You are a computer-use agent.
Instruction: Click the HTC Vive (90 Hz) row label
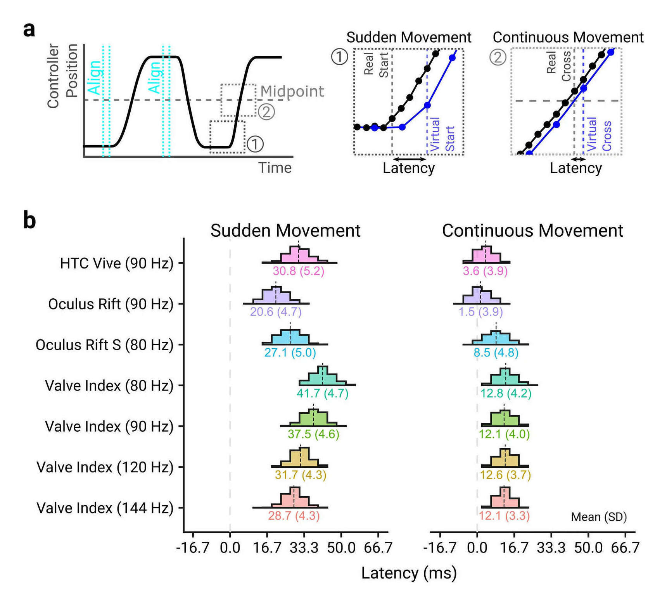[x=116, y=263]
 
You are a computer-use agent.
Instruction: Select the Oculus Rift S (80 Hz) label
[x=104, y=345]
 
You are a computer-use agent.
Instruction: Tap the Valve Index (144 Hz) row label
[x=105, y=508]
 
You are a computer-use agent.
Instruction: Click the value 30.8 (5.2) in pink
[x=298, y=271]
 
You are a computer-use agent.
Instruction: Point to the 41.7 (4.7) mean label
[x=322, y=394]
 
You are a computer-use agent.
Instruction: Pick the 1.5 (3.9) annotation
[x=480, y=312]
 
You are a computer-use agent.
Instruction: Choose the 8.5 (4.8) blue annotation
[x=496, y=353]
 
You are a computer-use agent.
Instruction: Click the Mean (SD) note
[x=599, y=517]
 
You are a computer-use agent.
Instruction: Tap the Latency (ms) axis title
[x=409, y=573]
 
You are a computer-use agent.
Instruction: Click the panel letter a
[x=29, y=29]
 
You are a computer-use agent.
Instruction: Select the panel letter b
[x=29, y=220]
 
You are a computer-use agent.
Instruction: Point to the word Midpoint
[x=292, y=91]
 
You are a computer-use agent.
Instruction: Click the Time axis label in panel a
[x=275, y=168]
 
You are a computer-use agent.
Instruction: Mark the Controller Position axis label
[x=62, y=76]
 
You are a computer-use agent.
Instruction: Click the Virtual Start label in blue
[x=442, y=134]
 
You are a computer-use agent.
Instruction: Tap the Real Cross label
[x=558, y=66]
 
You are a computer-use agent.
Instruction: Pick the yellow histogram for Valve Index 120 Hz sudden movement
[x=299, y=458]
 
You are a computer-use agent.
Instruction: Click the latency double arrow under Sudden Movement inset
[x=410, y=159]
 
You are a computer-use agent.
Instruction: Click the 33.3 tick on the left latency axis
[x=304, y=548]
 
